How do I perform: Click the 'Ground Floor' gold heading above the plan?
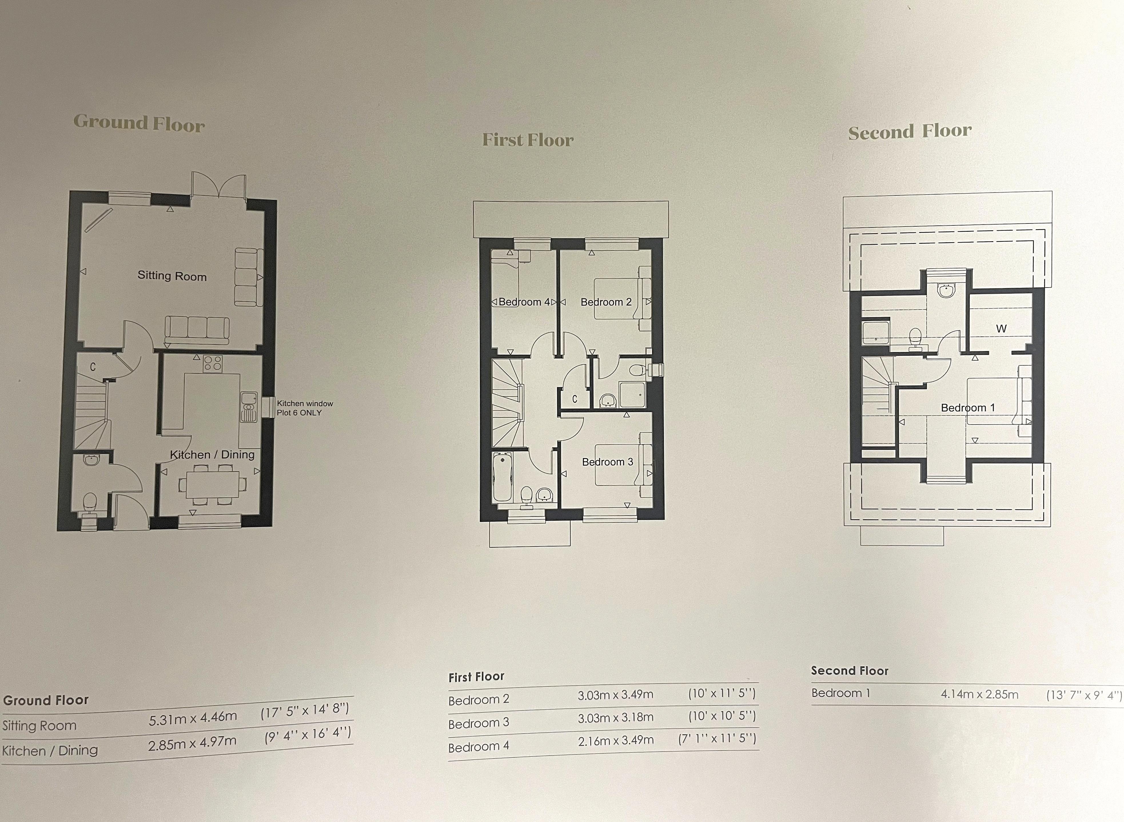[x=139, y=123]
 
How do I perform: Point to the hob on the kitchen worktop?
[x=213, y=363]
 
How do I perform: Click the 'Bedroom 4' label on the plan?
[x=524, y=302]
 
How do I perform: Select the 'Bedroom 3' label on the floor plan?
[x=607, y=462]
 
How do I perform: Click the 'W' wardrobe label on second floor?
[x=1001, y=328]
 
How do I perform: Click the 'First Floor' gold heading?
[x=528, y=140]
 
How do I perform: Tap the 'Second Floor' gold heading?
[x=910, y=131]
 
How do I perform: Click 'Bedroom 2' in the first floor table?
[x=479, y=700]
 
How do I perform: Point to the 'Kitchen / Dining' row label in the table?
[x=50, y=750]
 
